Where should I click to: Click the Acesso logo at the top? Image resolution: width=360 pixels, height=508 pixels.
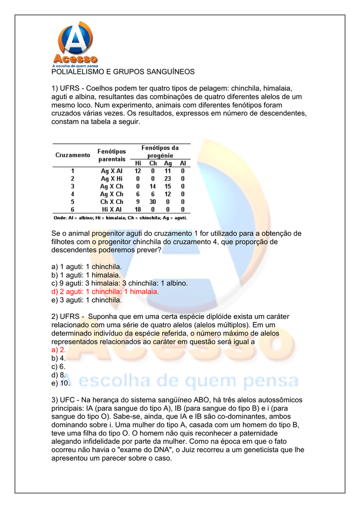coord(75,44)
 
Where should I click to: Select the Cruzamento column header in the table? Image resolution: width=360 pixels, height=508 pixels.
coord(72,155)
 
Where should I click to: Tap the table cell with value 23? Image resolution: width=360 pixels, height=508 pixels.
coord(168,178)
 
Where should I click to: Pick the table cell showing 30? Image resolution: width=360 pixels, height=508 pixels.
coord(153,202)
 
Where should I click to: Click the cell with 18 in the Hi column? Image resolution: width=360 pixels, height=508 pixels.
coord(138,210)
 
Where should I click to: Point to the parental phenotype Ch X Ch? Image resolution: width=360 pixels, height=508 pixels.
coord(112,202)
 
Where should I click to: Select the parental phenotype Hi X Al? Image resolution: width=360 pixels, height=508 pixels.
coord(112,210)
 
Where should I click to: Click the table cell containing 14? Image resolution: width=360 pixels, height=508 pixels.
coord(153,186)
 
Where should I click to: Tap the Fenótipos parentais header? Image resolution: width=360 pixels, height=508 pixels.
coord(112,155)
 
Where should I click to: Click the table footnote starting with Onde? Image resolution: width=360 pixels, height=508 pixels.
coord(120,218)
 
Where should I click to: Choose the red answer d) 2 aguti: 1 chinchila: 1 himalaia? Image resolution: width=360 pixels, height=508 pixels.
coord(105,292)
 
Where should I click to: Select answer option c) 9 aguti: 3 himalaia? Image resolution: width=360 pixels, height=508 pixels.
coord(120,283)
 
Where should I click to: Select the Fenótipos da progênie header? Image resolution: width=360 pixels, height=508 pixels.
coord(160,152)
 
